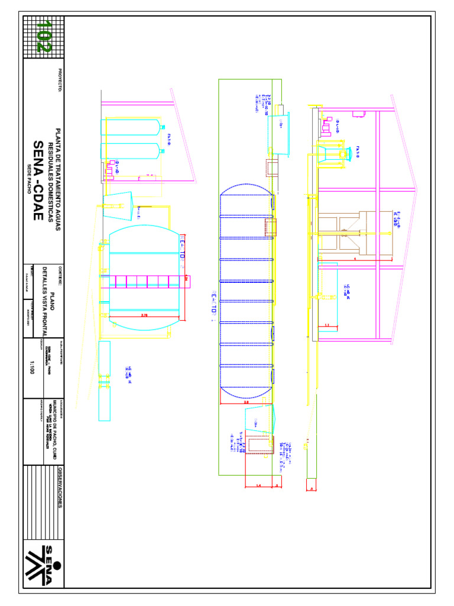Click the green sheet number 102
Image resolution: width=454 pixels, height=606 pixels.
tap(43, 37)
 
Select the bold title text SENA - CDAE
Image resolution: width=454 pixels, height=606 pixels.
tap(38, 180)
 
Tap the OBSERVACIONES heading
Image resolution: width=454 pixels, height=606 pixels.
tap(60, 487)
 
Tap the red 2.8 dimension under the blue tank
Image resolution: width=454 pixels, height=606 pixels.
tap(246, 402)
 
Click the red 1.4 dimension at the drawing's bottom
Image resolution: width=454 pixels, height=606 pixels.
tap(258, 485)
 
